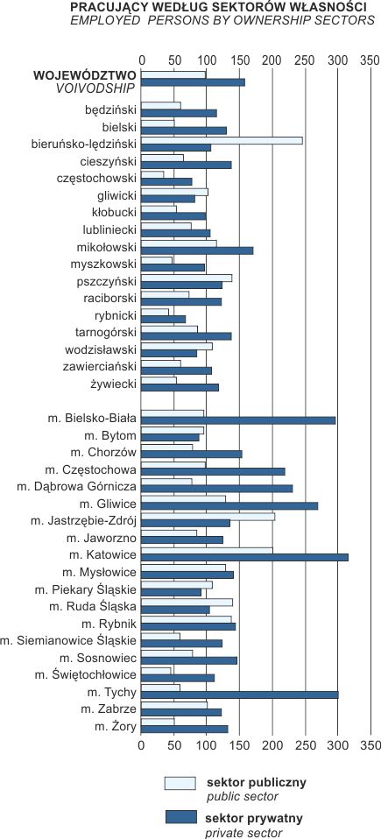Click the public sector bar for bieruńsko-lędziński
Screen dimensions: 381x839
pyautogui.click(x=222, y=140)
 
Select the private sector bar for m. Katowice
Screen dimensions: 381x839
pyautogui.click(x=244, y=557)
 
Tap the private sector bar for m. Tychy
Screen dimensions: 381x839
pyautogui.click(x=240, y=694)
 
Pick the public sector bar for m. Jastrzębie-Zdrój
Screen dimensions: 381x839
pyautogui.click(x=208, y=517)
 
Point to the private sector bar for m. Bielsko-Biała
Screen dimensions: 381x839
pyautogui.click(x=238, y=420)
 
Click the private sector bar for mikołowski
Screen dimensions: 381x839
pyautogui.click(x=197, y=250)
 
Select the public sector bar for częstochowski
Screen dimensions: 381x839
pyautogui.click(x=152, y=174)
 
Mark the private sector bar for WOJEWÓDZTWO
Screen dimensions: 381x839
pyautogui.click(x=194, y=82)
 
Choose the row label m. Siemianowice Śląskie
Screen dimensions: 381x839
pyautogui.click(x=68, y=640)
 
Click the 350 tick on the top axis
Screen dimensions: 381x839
pyautogui.click(x=370, y=60)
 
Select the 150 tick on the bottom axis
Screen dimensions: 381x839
pyautogui.click(x=240, y=745)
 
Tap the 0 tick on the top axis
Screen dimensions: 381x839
pyautogui.click(x=141, y=60)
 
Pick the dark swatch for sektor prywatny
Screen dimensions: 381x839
pyautogui.click(x=181, y=817)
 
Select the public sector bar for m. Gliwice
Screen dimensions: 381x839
pyautogui.click(x=184, y=499)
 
